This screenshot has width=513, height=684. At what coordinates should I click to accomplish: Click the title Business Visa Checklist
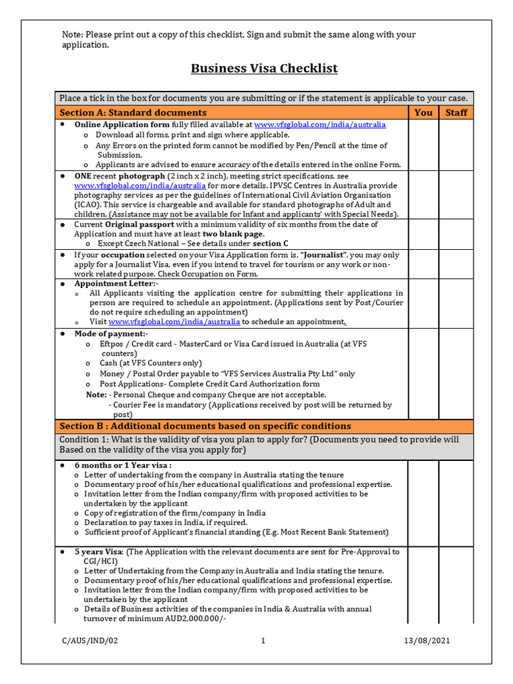264,69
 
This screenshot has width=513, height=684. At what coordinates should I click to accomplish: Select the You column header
423,112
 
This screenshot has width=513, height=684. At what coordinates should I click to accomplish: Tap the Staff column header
456,112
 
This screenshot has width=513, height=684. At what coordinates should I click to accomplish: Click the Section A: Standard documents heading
133,112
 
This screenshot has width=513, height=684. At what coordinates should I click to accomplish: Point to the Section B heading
204,426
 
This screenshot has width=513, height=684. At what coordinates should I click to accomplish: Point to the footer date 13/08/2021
427,641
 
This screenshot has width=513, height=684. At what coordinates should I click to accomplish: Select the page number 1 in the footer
263,641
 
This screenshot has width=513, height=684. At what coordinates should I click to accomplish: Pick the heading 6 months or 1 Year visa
123,465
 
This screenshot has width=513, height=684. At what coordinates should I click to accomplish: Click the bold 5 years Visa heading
99,552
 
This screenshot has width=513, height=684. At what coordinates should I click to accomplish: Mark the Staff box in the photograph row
456,194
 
